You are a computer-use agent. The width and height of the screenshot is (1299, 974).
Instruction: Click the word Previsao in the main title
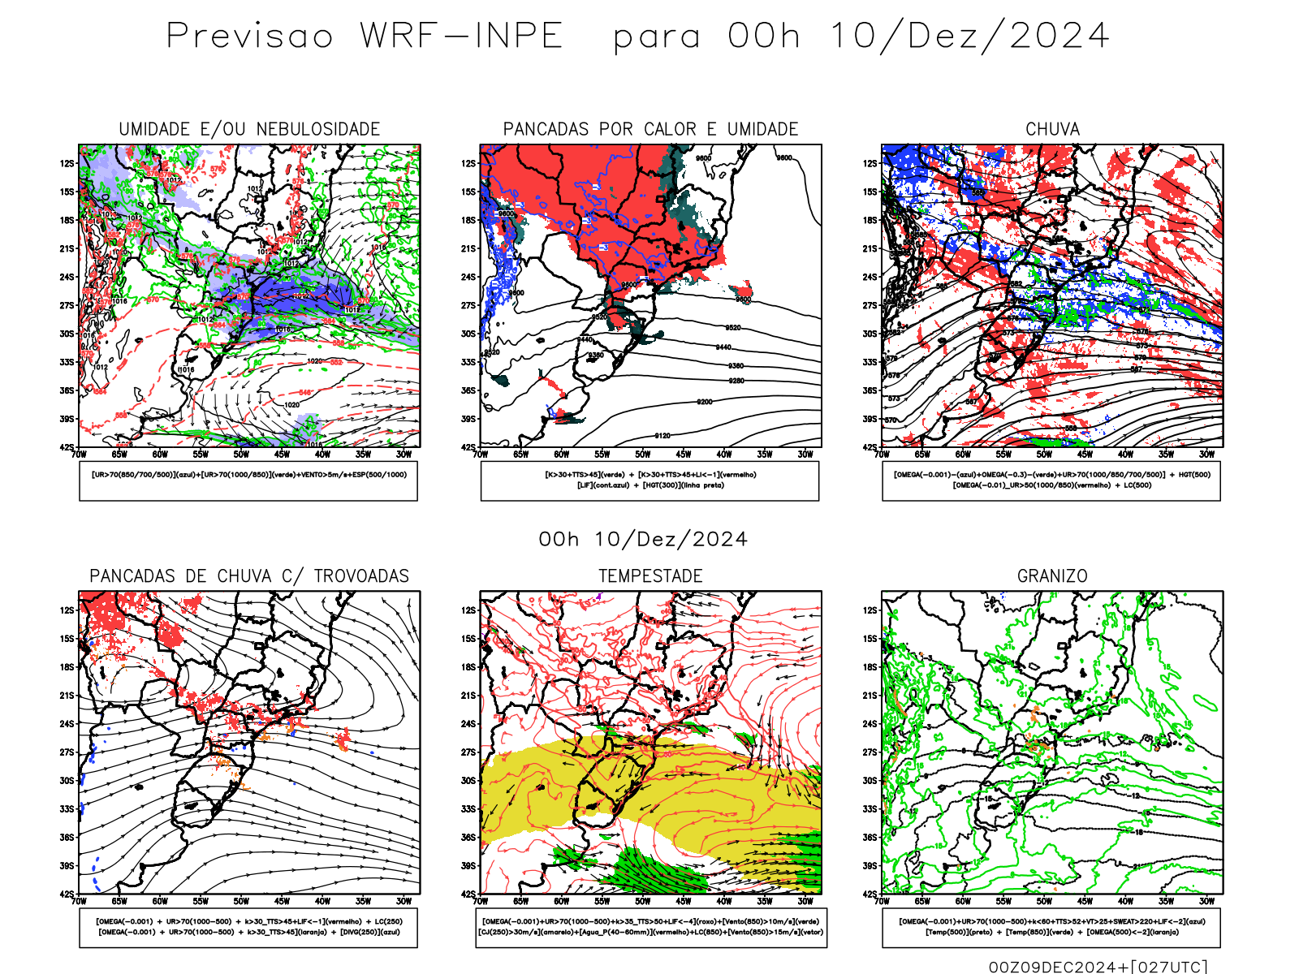pyautogui.click(x=250, y=37)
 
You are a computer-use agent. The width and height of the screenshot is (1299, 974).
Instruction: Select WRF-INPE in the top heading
pyautogui.click(x=461, y=37)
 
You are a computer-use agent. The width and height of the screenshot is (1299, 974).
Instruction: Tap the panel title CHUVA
pyautogui.click(x=1052, y=129)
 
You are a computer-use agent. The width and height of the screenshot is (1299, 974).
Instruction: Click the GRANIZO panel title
pyautogui.click(x=1052, y=576)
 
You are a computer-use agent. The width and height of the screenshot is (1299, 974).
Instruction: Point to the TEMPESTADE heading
pyautogui.click(x=650, y=576)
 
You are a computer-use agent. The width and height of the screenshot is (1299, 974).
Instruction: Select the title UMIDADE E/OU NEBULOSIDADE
pyautogui.click(x=249, y=129)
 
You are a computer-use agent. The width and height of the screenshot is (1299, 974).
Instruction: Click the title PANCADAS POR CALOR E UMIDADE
pyautogui.click(x=650, y=129)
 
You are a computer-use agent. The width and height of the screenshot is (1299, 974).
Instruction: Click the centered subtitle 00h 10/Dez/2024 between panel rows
pyautogui.click(x=643, y=540)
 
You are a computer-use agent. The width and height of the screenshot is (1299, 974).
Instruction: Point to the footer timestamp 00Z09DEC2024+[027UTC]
pyautogui.click(x=1098, y=967)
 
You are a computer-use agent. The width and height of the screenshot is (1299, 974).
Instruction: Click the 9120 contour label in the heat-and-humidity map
pyautogui.click(x=662, y=436)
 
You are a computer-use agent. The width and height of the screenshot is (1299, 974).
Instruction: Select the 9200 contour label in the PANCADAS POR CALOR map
pyautogui.click(x=705, y=402)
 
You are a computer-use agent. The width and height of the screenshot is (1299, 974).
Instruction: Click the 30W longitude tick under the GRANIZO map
pyautogui.click(x=1206, y=901)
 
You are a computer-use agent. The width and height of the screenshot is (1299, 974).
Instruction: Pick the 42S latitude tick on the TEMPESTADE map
pyautogui.click(x=469, y=894)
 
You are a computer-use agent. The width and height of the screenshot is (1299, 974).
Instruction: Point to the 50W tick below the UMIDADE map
pyautogui.click(x=241, y=455)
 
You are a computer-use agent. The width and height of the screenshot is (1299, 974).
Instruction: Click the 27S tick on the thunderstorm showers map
pyautogui.click(x=67, y=752)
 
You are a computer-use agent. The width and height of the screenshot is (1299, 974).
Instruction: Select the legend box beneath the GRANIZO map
pyautogui.click(x=1051, y=927)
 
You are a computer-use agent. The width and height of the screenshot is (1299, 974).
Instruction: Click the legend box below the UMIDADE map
pyautogui.click(x=248, y=481)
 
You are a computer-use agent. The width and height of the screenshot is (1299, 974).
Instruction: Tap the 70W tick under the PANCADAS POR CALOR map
pyautogui.click(x=481, y=455)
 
